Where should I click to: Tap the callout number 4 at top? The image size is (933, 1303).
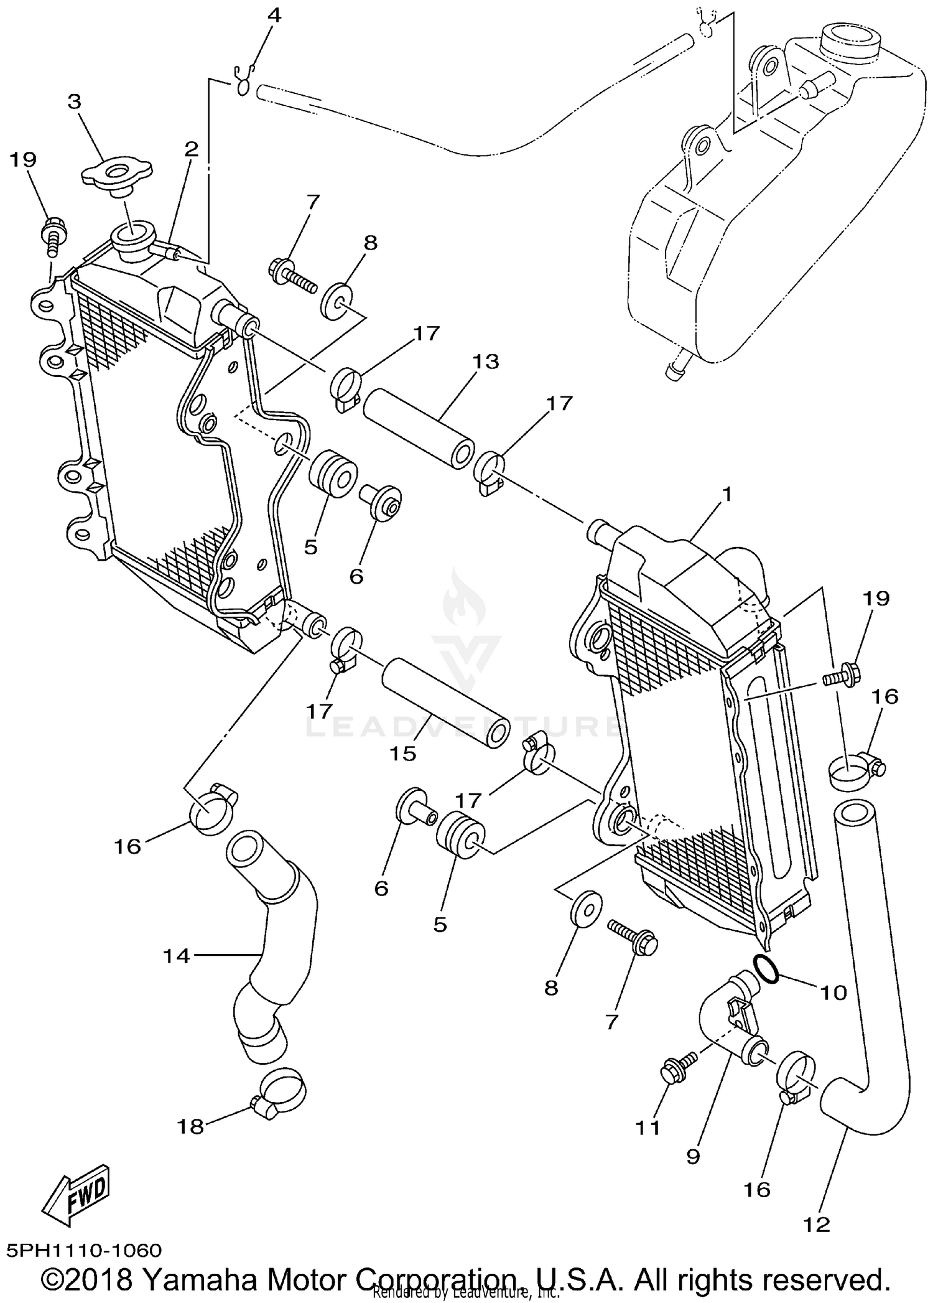click(x=274, y=15)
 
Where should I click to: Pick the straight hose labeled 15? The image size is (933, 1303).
click(x=445, y=702)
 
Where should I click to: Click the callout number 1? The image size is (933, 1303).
click(x=725, y=495)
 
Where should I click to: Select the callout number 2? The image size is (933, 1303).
click(x=190, y=148)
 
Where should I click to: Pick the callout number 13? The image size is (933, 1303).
click(x=485, y=362)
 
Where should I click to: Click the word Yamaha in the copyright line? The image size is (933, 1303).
click(x=198, y=1279)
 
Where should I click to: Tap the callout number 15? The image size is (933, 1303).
click(x=402, y=754)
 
